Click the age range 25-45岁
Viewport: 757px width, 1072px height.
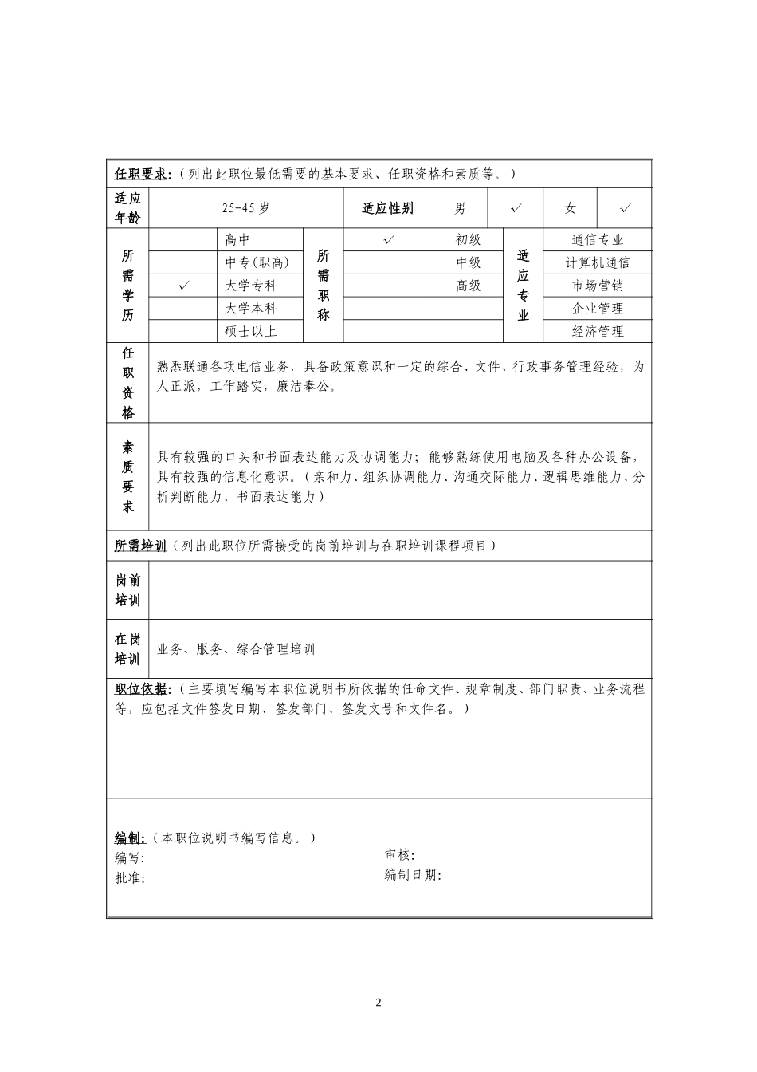click(x=245, y=209)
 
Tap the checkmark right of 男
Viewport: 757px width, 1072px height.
click(x=516, y=209)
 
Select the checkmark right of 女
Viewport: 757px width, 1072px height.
click(x=626, y=209)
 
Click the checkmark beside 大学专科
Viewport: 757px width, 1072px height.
click(x=183, y=286)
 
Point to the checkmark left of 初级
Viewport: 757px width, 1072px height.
click(x=389, y=239)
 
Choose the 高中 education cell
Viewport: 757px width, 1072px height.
click(x=238, y=239)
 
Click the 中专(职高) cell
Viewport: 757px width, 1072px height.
click(x=257, y=262)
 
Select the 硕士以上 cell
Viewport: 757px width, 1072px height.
click(x=251, y=331)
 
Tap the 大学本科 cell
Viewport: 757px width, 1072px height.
click(x=251, y=309)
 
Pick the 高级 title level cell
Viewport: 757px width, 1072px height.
click(x=469, y=286)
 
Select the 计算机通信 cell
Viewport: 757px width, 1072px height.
click(x=598, y=262)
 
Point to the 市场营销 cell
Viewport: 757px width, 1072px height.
click(x=598, y=286)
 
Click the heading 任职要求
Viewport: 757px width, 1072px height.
click(x=143, y=174)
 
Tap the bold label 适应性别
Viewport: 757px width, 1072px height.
click(x=388, y=209)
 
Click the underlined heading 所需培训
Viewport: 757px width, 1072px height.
click(x=140, y=546)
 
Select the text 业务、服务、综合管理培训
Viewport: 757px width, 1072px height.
click(x=237, y=649)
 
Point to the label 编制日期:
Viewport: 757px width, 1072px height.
click(x=413, y=875)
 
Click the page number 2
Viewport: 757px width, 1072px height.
click(x=378, y=1003)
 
